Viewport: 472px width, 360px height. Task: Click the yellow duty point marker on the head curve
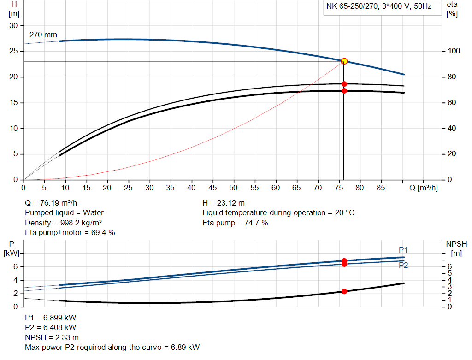tap(344, 61)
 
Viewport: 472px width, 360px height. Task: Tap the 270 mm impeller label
tap(43, 35)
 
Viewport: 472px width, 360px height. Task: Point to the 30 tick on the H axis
tap(13, 26)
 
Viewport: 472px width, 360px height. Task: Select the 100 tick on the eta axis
tap(453, 51)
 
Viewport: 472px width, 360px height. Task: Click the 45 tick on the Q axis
tap(212, 188)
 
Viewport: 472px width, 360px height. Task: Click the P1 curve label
tap(403, 250)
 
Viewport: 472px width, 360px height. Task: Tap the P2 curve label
tap(403, 266)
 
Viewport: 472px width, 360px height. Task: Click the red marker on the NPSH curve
tap(344, 291)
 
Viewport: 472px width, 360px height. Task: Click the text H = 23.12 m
tap(224, 203)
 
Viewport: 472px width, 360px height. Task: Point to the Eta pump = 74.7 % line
tap(235, 223)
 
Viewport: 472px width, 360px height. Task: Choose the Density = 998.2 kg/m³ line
tap(64, 223)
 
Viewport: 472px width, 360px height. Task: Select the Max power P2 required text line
tap(112, 347)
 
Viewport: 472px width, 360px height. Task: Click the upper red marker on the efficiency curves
tap(344, 84)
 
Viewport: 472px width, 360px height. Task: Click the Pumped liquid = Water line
tap(64, 212)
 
